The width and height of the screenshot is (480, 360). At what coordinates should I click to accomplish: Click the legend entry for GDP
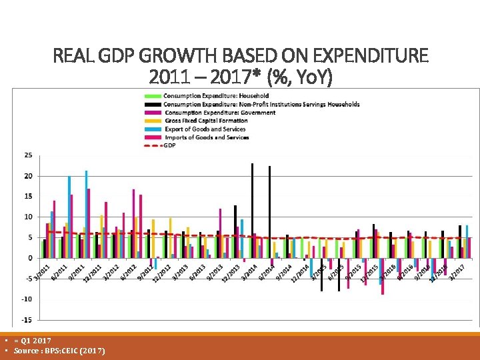coord(169,145)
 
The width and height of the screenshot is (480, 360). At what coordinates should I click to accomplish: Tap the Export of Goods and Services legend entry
coord(205,129)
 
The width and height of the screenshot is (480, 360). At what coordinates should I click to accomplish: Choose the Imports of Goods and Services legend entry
coord(206,137)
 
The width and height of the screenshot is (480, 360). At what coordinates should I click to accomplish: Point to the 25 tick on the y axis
coord(28,155)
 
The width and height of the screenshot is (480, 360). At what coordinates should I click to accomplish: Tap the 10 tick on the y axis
coord(28,217)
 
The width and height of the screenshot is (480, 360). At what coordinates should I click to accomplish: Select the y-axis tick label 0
coord(30,258)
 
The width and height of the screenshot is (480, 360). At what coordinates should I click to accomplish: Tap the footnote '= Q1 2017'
coord(33,341)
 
